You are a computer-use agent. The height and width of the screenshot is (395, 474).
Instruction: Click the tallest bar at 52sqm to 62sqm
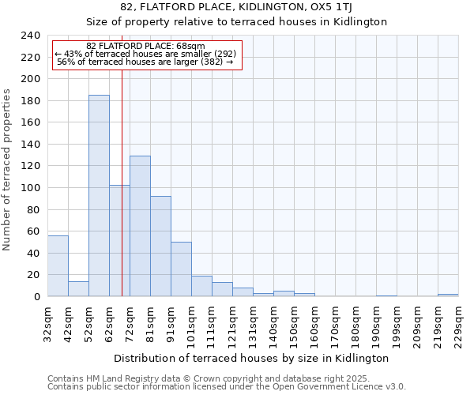tap(99, 196)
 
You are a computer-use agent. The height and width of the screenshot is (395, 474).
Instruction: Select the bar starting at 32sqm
tap(58, 266)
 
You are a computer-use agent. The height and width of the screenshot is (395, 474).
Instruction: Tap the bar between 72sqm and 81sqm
tap(140, 226)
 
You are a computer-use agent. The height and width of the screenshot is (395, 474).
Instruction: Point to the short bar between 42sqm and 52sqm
tap(78, 289)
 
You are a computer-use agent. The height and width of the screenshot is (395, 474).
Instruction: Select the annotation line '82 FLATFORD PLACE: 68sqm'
tap(145, 46)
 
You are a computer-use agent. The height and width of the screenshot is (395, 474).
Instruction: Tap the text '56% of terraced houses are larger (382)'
tap(145, 62)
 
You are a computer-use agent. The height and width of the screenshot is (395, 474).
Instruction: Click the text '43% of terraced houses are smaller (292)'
tap(145, 54)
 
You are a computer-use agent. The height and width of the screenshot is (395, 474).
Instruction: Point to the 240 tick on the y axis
tap(30, 36)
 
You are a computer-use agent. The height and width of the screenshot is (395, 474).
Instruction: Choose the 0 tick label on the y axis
tap(36, 297)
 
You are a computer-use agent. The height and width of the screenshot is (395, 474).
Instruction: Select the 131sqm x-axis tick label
tap(253, 325)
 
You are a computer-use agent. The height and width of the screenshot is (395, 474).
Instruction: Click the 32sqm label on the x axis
tap(47, 325)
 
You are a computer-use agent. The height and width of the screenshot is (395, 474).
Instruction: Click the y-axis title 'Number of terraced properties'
tap(7, 169)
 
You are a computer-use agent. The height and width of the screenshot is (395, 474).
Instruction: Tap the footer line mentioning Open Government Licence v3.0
tap(227, 387)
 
